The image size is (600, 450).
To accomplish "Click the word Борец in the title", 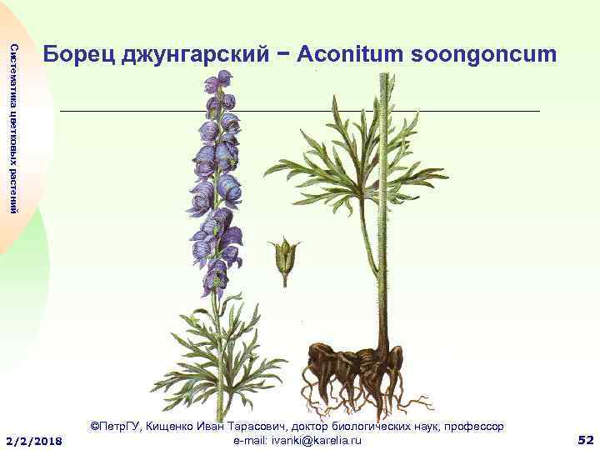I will (x=79, y=54).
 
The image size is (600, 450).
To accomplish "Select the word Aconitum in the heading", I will (x=348, y=54).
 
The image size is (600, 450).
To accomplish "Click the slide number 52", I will (x=585, y=439).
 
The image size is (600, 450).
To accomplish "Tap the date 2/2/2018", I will (x=34, y=440).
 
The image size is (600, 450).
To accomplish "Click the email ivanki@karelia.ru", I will (x=313, y=439).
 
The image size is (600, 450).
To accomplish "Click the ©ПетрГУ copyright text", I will (x=116, y=426).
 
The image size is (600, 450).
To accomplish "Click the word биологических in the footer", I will (x=367, y=426).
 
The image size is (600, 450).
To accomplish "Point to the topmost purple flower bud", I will (x=222, y=79).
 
